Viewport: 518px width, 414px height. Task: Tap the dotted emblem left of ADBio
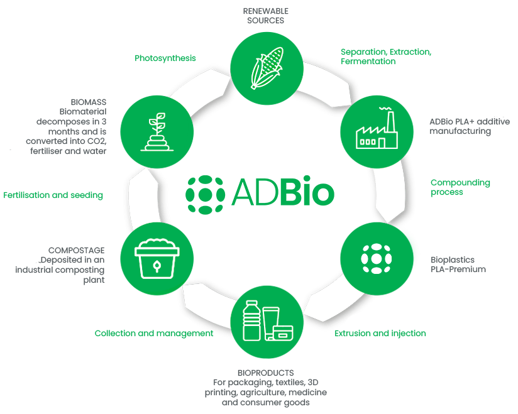pyautogui.click(x=204, y=193)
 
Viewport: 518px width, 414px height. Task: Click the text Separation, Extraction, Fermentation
pyautogui.click(x=385, y=57)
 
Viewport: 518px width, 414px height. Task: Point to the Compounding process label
pyautogui.click(x=460, y=187)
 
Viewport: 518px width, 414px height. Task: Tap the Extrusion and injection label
pyautogui.click(x=380, y=333)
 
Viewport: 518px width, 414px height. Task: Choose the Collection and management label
pyautogui.click(x=154, y=333)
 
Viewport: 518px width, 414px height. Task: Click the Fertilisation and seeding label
pyautogui.click(x=53, y=195)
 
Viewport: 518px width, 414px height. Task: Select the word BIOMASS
pyautogui.click(x=89, y=101)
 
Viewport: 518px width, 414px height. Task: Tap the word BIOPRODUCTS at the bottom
pyautogui.click(x=265, y=373)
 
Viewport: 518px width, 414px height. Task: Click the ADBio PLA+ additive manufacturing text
pyautogui.click(x=469, y=126)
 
